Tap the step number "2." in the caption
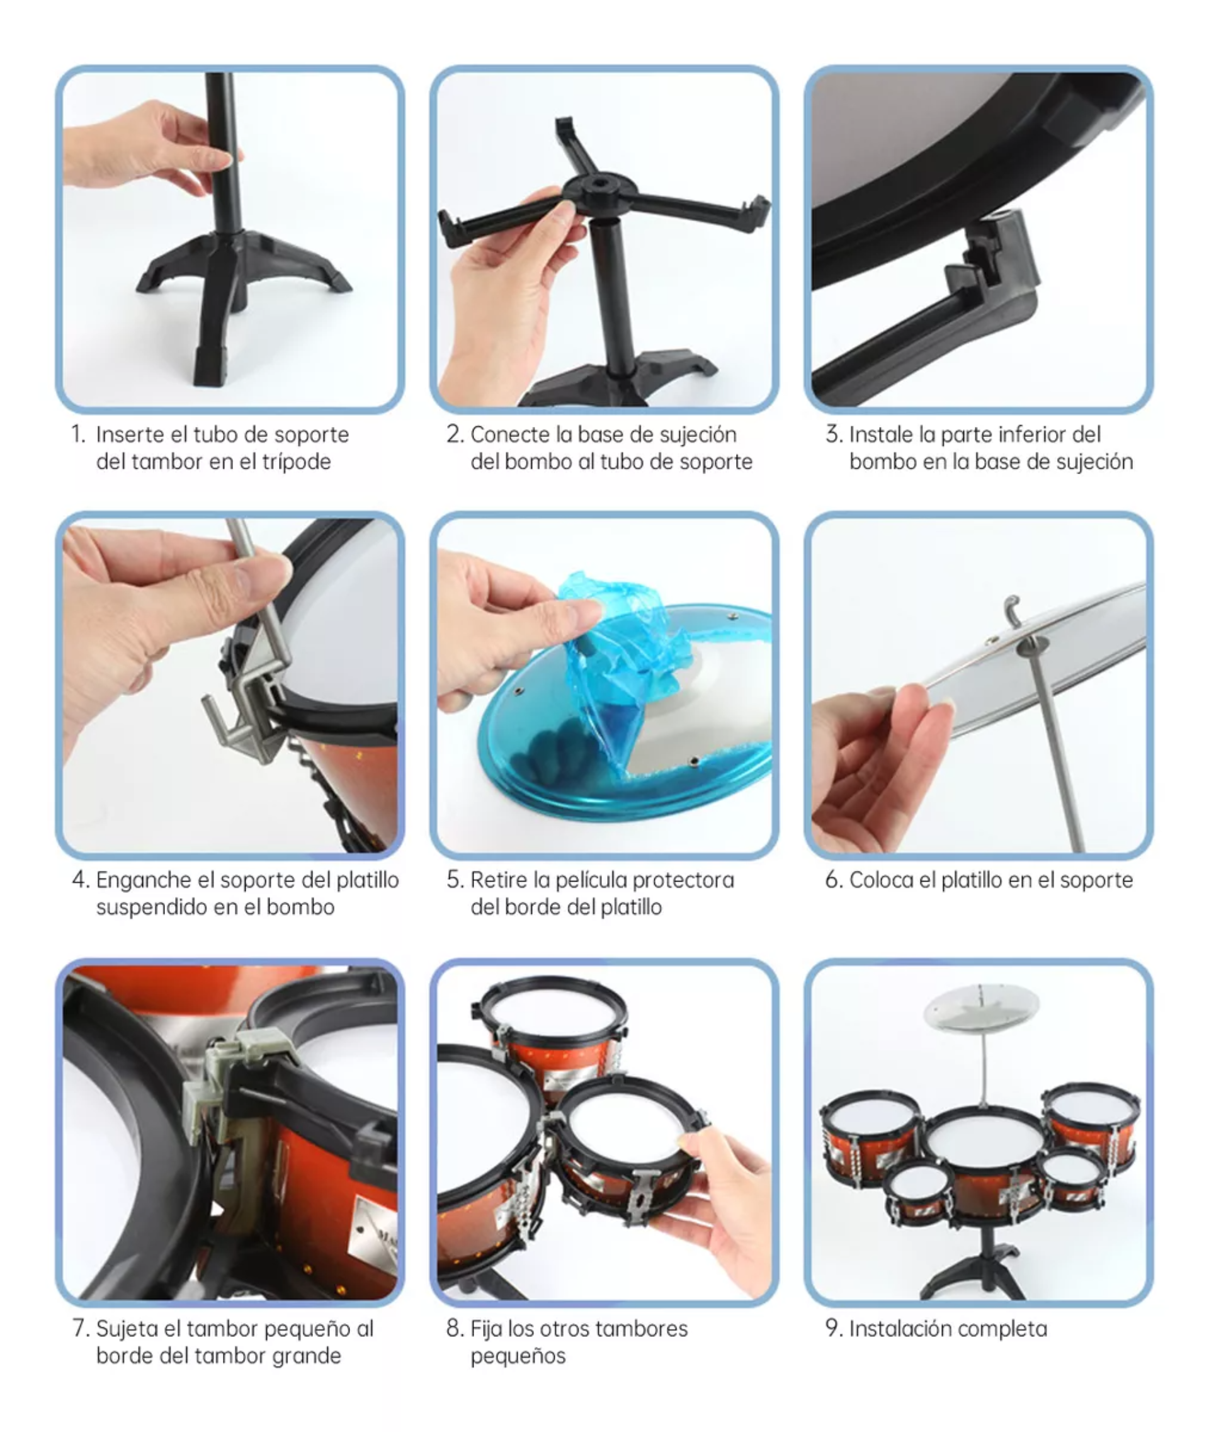tap(455, 434)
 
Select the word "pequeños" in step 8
tap(518, 1356)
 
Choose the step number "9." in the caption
tap(834, 1329)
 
